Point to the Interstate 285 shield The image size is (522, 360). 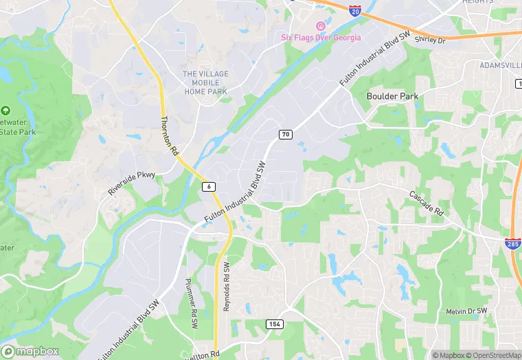512,243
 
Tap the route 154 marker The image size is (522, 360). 274,323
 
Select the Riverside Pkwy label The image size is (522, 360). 132,183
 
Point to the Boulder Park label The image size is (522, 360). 392,96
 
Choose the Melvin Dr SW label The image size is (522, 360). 466,311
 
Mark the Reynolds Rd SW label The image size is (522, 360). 227,286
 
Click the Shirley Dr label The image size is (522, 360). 430,39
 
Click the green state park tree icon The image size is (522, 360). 6,111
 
